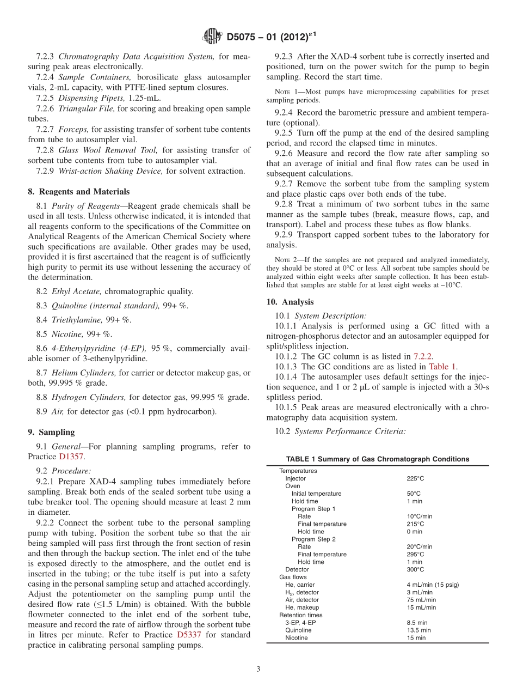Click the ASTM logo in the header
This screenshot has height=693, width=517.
point(212,37)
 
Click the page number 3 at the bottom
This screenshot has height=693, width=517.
point(258,669)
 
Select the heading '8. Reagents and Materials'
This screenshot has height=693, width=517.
point(79,192)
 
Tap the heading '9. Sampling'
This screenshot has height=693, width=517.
point(51,432)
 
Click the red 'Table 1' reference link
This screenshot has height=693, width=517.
point(442,367)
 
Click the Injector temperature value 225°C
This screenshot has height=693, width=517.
point(415,478)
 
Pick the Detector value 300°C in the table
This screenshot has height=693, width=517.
point(415,569)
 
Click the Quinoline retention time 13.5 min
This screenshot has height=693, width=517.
point(417,630)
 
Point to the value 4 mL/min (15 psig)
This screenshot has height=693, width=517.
point(433,585)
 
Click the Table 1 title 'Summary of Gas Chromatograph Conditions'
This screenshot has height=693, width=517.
point(377,459)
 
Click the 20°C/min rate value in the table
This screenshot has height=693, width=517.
point(419,546)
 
